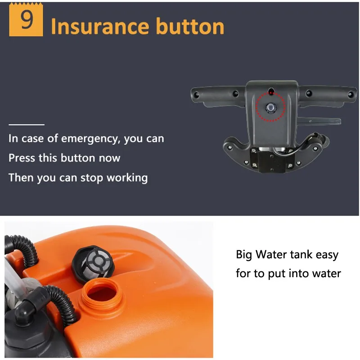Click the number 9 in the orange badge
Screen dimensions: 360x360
(27, 20)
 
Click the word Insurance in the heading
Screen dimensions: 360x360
(100, 27)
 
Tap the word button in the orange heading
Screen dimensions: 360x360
(190, 27)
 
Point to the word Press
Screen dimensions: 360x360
(22, 158)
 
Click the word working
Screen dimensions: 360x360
(127, 178)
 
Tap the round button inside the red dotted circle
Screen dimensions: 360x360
(270, 108)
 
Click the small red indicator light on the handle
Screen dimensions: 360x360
(271, 93)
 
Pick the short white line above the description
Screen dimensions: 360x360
(27, 125)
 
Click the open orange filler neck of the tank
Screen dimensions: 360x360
(102, 294)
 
